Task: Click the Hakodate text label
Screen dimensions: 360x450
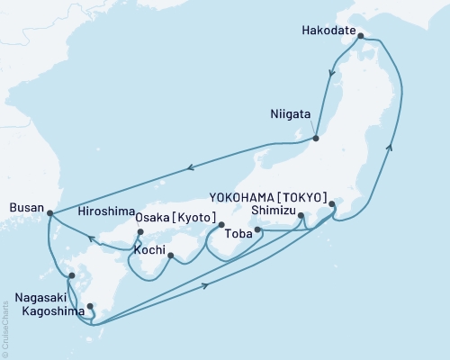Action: pyautogui.click(x=329, y=27)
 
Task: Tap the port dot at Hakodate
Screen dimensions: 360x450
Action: pyautogui.click(x=361, y=37)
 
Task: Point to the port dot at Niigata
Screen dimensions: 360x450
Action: pyautogui.click(x=316, y=139)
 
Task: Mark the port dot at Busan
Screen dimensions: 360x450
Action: pyautogui.click(x=49, y=214)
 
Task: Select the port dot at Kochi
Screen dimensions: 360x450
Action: pyautogui.click(x=170, y=256)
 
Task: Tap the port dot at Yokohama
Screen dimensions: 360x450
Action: pyautogui.click(x=332, y=204)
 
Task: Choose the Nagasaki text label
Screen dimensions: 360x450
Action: pyautogui.click(x=40, y=294)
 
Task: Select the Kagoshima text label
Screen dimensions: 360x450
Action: pyautogui.click(x=43, y=307)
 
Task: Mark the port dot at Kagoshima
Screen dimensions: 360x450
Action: pyautogui.click(x=91, y=307)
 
